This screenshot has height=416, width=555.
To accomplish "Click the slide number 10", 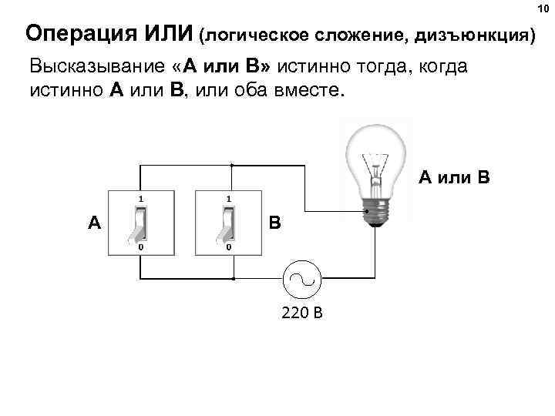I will pos(543,8).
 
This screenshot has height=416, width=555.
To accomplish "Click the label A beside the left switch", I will pos(94,223).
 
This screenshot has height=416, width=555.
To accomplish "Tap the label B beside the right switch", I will pos(275,223).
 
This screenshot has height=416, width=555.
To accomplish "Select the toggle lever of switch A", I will pos(140,224).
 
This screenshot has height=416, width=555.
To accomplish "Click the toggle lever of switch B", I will pos(228,224).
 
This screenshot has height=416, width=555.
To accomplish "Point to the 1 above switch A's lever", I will pos(140,199).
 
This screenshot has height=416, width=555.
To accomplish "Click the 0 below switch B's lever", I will pos(228,249).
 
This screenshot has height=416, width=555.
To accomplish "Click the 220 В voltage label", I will pos(301,313).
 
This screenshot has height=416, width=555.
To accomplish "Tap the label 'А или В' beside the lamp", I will pos(454,179).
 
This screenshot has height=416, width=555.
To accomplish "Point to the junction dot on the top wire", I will pos(231,165).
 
